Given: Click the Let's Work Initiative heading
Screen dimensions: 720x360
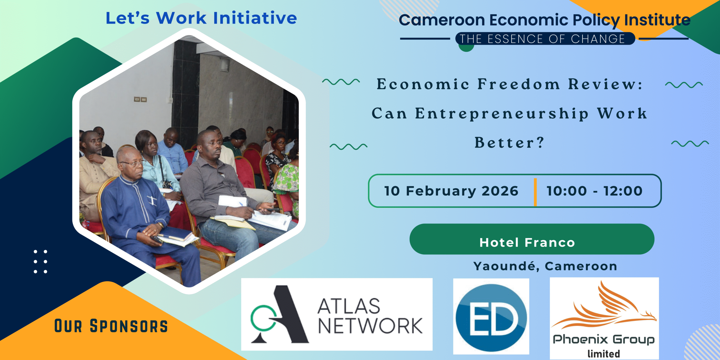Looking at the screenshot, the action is point(201,18).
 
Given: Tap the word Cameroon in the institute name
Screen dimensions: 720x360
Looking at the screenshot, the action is point(442,20).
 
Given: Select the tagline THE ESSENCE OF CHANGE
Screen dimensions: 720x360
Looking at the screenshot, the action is point(542,39).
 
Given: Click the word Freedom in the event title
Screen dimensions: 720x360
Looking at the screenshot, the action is point(519,84).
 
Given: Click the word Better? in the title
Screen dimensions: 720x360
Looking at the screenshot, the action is point(509,142).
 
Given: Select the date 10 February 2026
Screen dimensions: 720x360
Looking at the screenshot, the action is point(451,191).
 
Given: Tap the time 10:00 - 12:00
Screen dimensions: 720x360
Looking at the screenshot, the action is point(594,191).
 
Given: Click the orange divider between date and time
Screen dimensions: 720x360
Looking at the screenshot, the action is point(535,192).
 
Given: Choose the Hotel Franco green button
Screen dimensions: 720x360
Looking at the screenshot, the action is point(532,239).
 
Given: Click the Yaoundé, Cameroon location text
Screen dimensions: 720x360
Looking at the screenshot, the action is point(545,266).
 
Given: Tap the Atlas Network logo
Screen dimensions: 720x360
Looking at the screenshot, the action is point(337,314).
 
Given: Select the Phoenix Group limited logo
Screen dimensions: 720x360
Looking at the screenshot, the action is point(604,318).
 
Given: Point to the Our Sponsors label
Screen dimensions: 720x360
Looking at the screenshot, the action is point(111,326).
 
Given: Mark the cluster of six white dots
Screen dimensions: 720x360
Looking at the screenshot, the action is point(40,262).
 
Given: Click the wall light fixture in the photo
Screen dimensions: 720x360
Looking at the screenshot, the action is point(224,65).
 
